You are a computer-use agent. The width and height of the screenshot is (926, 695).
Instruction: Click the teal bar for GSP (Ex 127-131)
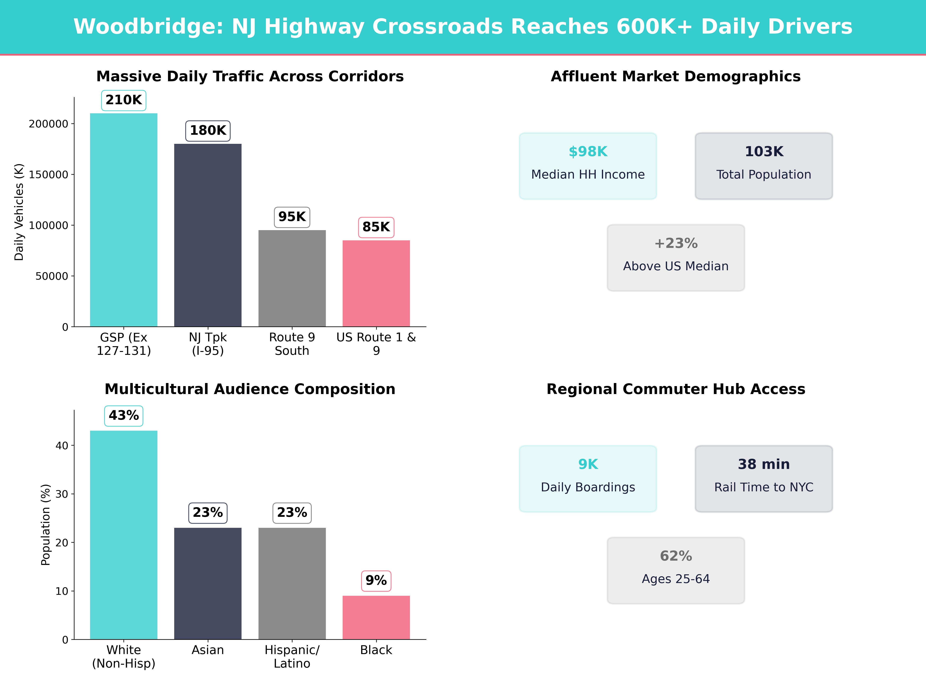123,220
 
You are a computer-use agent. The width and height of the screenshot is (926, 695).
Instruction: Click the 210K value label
123,100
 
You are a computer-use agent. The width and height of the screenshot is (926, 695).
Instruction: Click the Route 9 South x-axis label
292,344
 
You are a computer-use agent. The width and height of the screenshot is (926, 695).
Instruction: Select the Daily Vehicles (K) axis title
19,212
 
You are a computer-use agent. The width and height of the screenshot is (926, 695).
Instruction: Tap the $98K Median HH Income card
588,166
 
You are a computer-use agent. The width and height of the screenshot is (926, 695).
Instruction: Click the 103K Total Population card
764,166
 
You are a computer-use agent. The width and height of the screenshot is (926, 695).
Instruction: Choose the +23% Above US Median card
676,258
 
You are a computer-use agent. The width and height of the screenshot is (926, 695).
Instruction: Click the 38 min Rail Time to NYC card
764,478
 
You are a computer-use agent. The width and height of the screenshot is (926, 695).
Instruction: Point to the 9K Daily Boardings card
588,478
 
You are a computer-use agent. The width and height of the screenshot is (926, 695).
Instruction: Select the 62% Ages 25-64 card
676,570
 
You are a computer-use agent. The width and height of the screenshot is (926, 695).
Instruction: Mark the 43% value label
123,416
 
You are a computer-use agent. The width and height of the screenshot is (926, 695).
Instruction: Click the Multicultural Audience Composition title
250,389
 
